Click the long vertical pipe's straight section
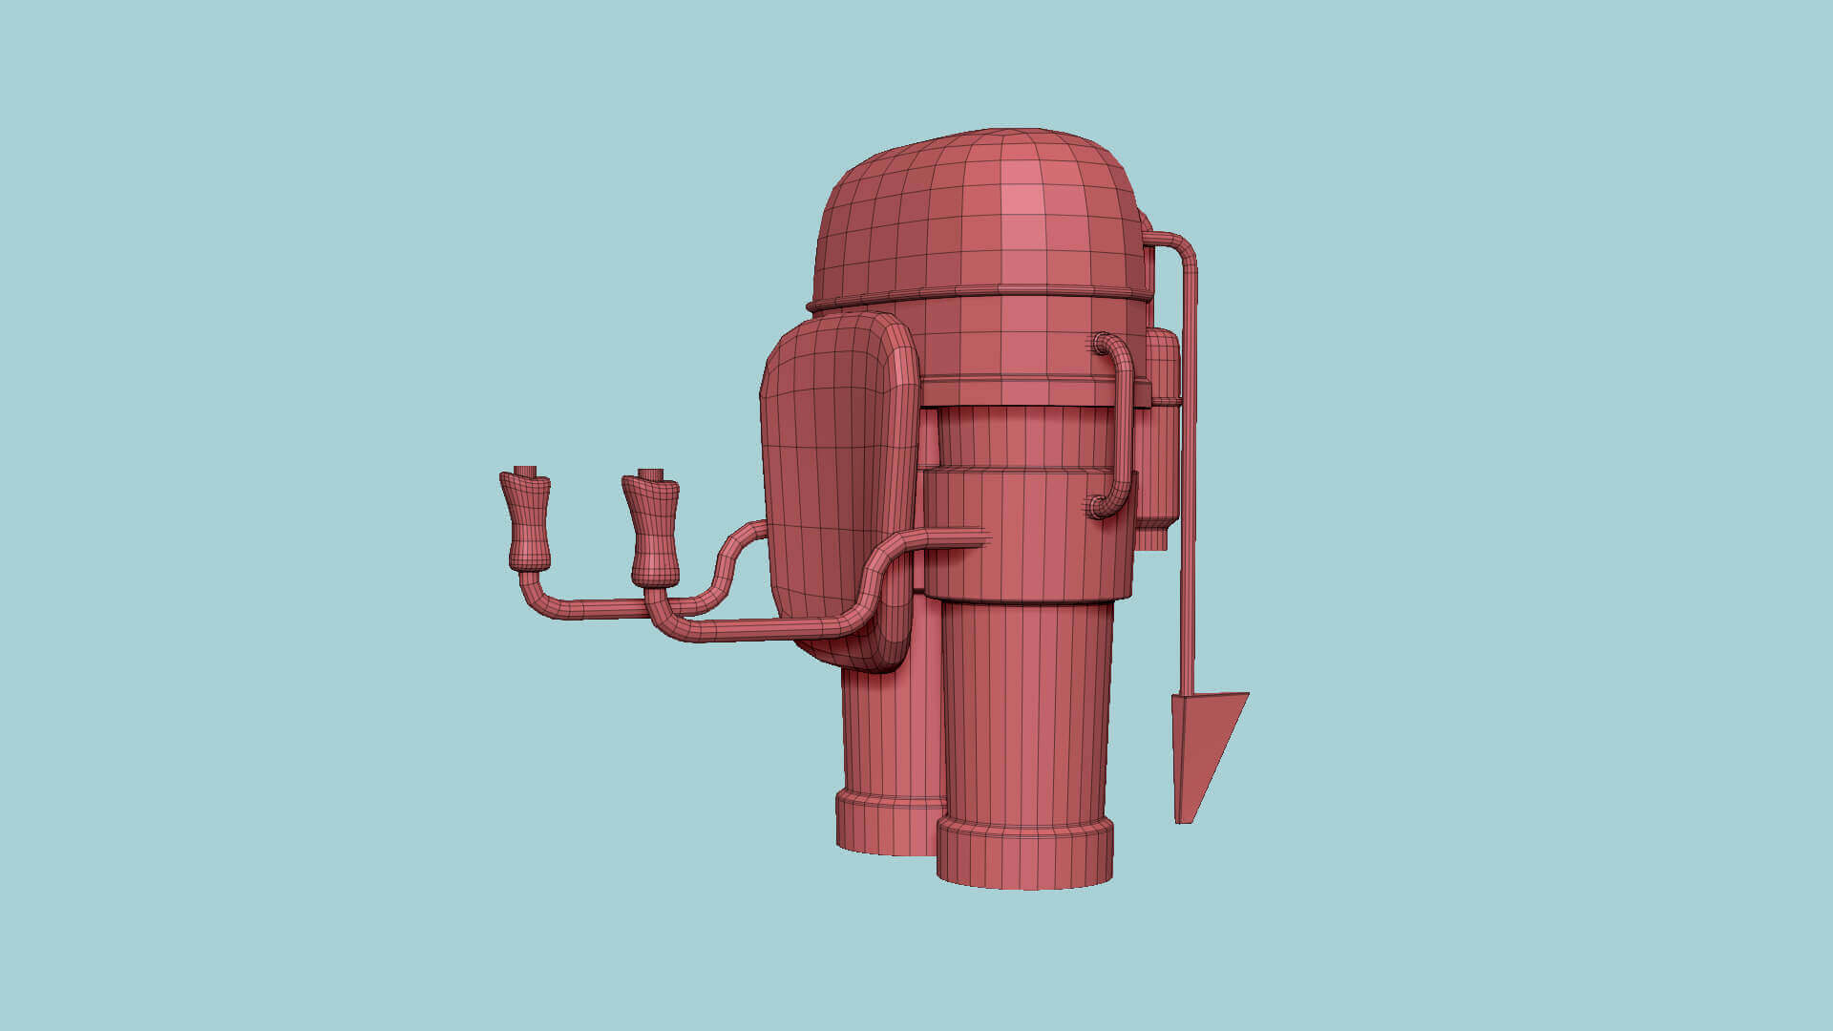[1189, 477]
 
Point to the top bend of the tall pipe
[1181, 244]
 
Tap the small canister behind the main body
[1161, 430]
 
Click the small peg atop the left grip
[524, 471]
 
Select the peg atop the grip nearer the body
[651, 474]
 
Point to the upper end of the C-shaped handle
[1105, 342]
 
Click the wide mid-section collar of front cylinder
[1026, 535]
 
